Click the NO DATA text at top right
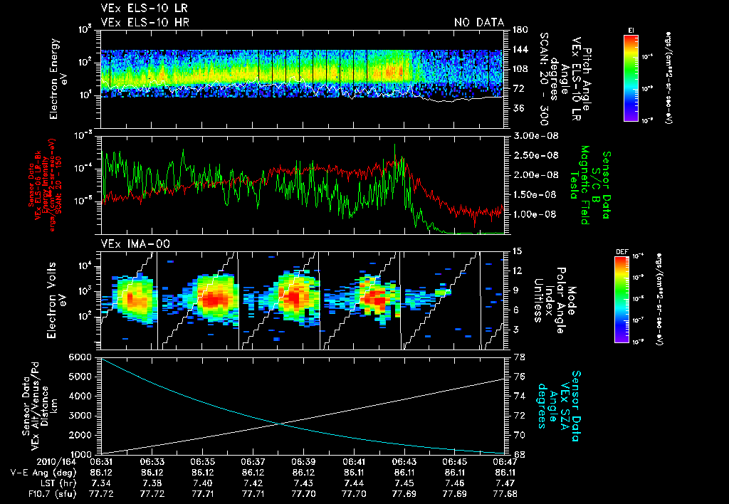(x=478, y=23)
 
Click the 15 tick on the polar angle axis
(x=516, y=251)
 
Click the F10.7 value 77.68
(x=503, y=493)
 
